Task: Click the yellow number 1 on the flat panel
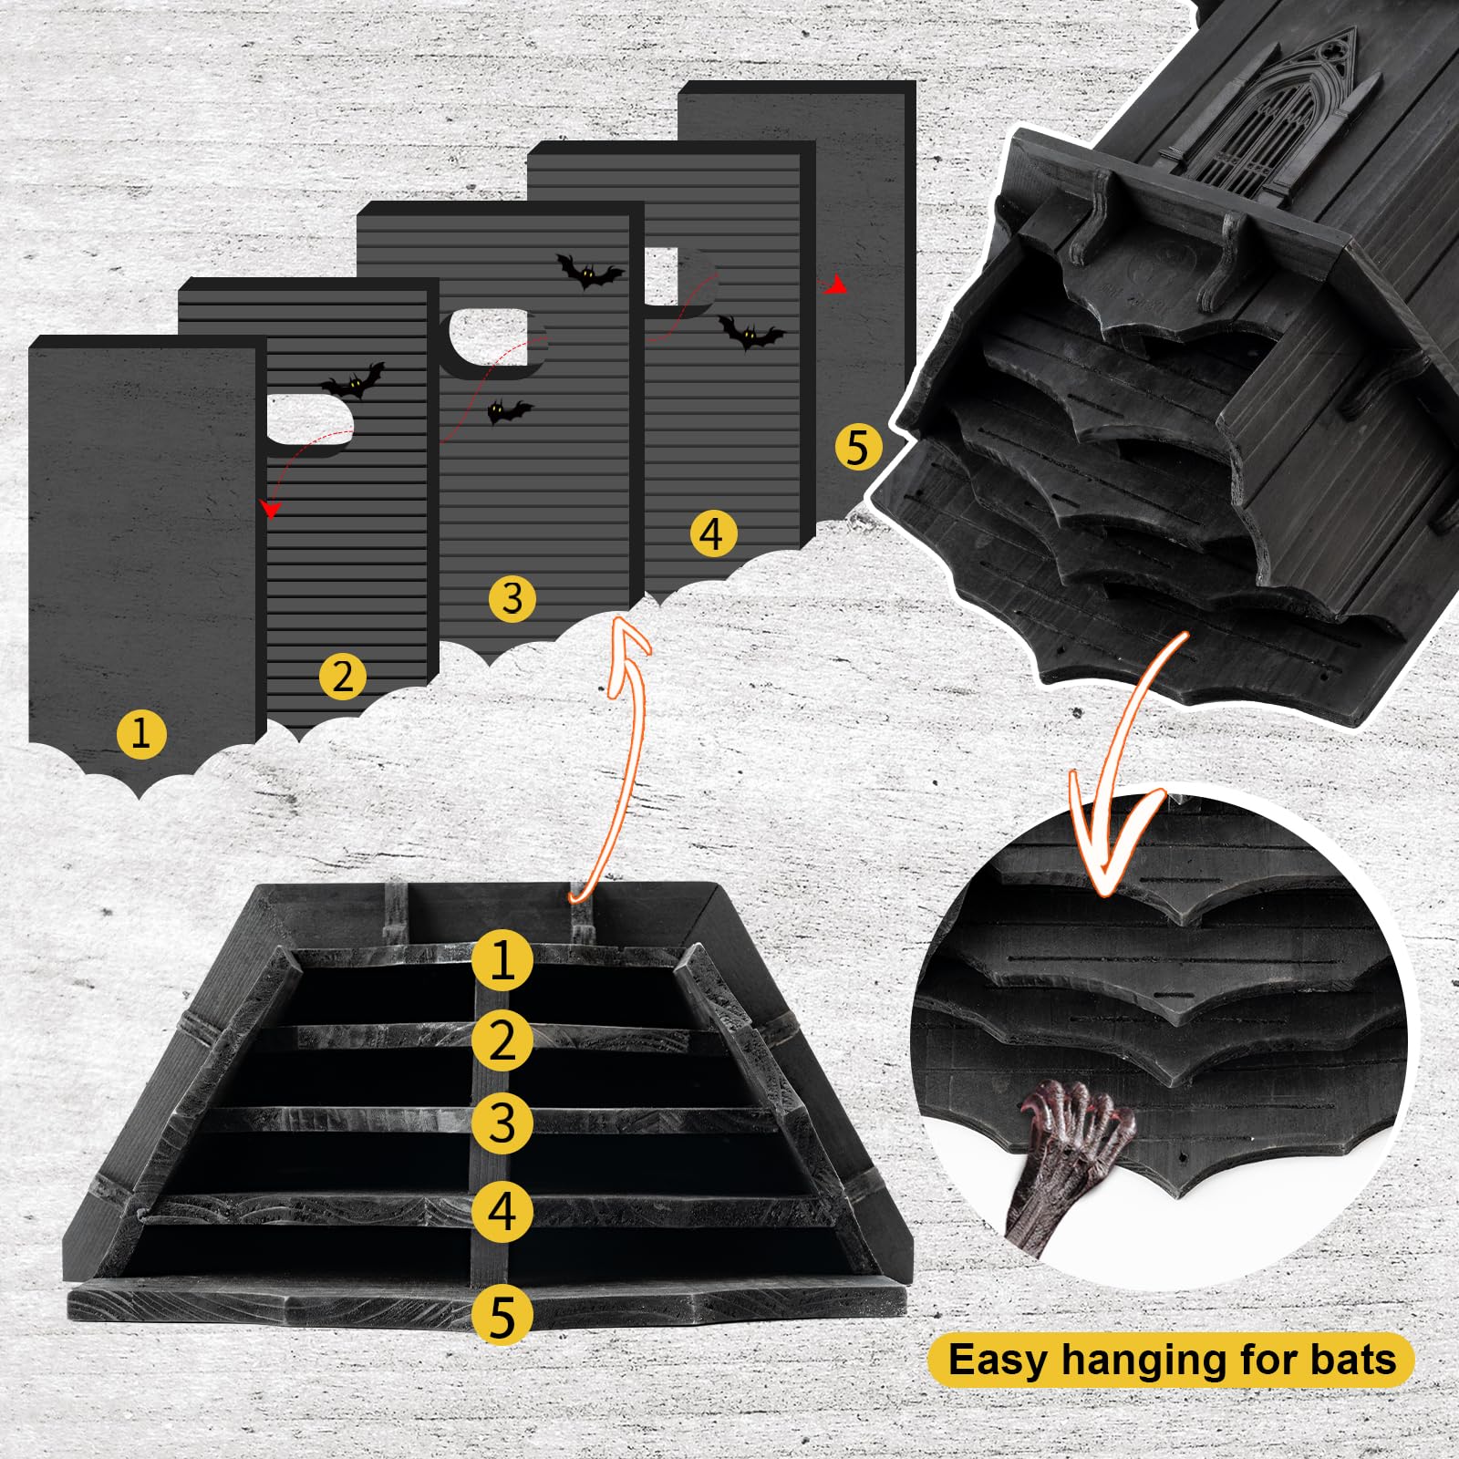point(141,733)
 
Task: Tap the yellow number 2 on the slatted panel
point(343,676)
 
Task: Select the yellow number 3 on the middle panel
point(512,598)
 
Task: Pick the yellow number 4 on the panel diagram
point(712,533)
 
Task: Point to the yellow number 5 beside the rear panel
point(858,447)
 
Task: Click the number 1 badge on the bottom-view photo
point(502,959)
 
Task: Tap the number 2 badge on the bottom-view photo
point(502,1040)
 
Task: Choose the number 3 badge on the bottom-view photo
point(502,1123)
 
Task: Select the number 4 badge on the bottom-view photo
point(502,1211)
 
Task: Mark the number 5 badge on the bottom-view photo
point(502,1316)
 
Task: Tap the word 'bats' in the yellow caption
point(1353,1360)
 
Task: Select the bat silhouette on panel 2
point(353,380)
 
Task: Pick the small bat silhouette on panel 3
point(509,411)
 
